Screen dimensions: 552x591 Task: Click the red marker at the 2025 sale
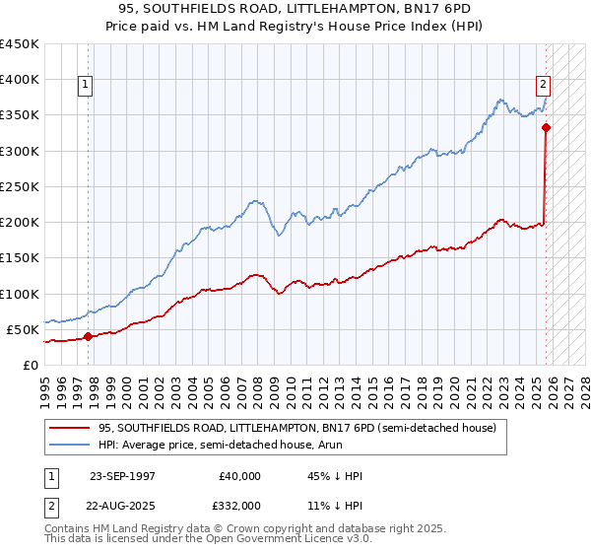546,127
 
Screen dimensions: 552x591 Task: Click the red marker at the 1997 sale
88,336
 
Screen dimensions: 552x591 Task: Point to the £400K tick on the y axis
20,80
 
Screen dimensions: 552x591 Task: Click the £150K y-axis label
20,258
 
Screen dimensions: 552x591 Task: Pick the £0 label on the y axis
31,366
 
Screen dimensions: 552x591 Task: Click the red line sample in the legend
70,429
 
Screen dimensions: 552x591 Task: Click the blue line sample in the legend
70,447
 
